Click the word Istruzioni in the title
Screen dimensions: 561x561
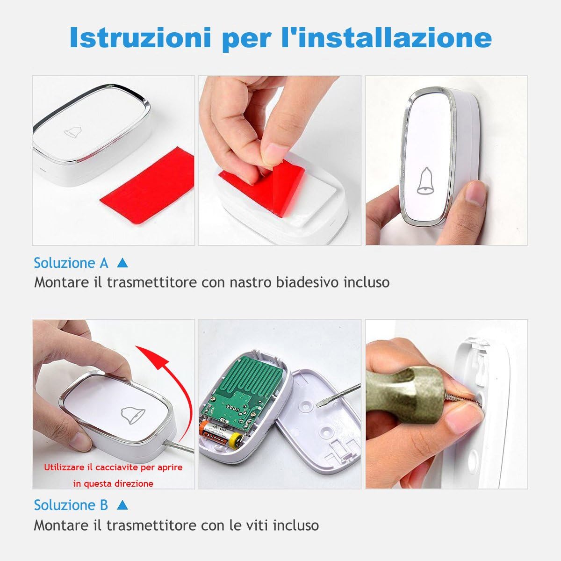139,37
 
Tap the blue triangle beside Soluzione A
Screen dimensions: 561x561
122,263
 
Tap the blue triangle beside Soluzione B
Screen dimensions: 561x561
122,505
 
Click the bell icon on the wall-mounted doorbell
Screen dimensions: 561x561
425,181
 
